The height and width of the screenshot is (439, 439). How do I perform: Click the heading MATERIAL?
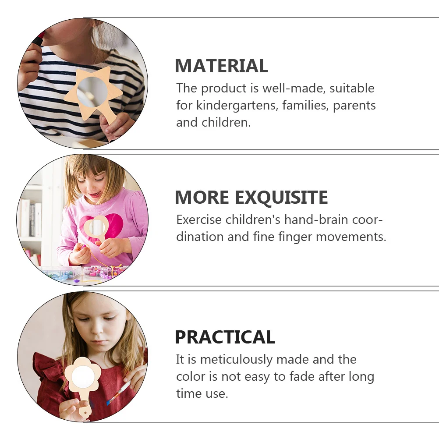click(x=221, y=66)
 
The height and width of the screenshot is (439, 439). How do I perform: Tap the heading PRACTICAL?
click(x=225, y=337)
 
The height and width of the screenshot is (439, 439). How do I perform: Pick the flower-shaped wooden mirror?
click(x=83, y=377)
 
